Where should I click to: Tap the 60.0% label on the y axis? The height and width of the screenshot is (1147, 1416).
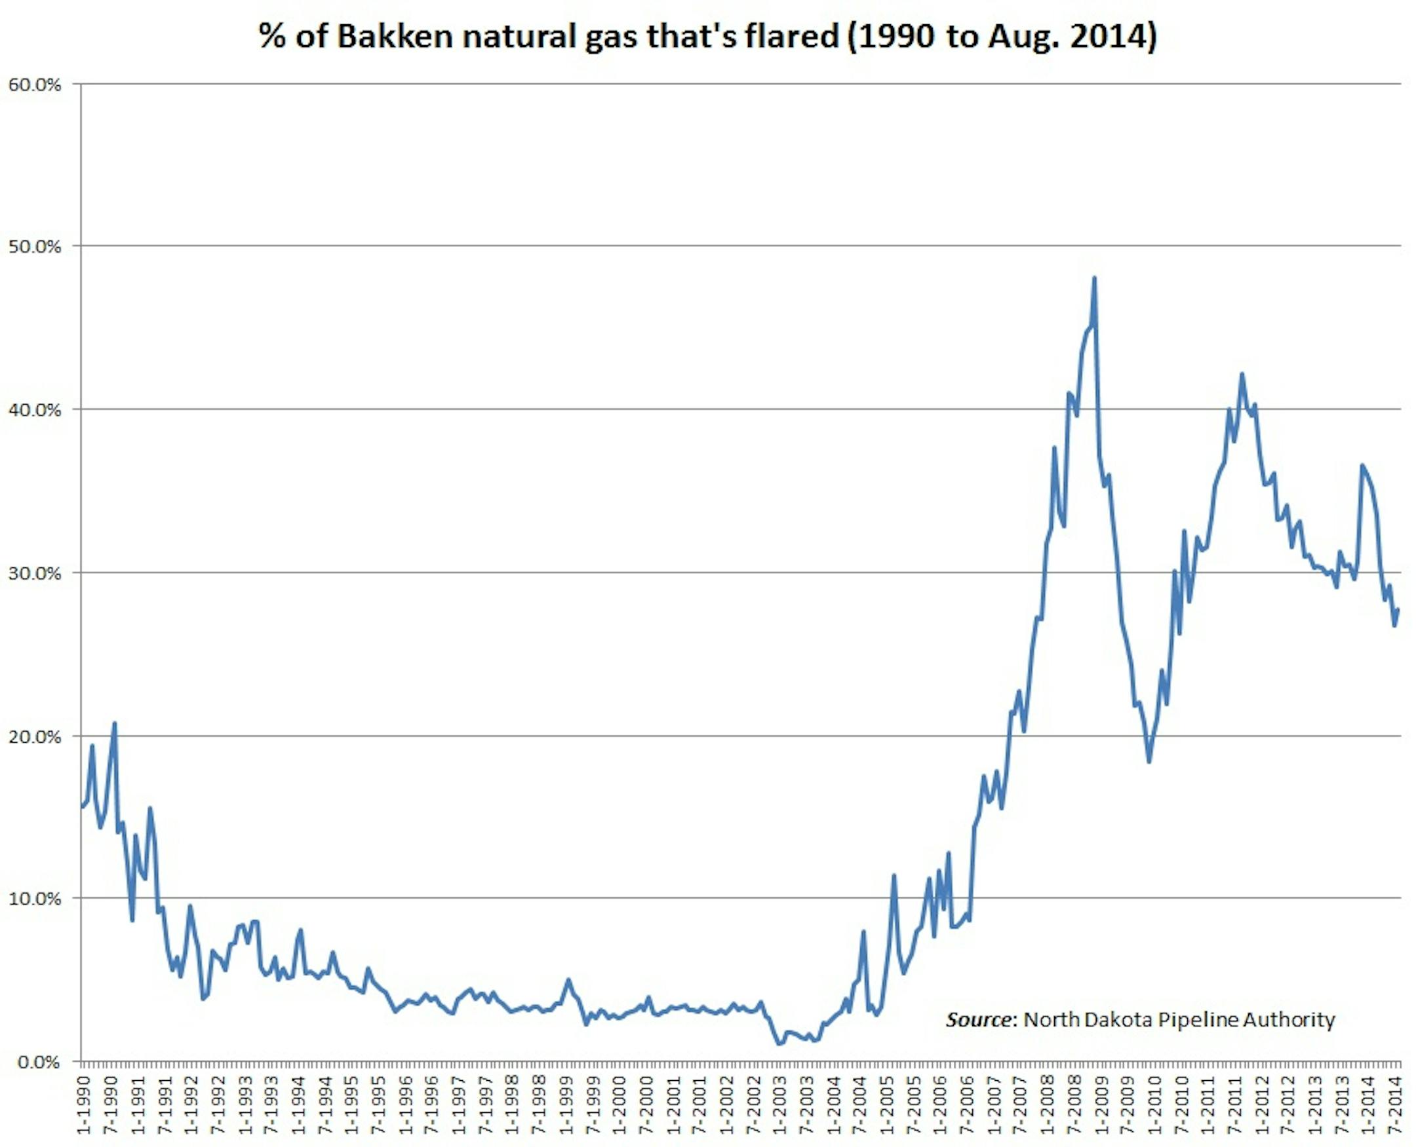coord(34,85)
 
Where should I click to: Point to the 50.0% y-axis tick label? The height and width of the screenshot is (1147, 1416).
coord(34,247)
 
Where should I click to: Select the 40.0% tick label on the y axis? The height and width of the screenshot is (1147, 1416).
coord(34,409)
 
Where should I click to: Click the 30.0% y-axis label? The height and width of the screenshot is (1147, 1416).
coord(34,573)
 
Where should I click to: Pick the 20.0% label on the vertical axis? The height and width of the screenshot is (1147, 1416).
coord(34,736)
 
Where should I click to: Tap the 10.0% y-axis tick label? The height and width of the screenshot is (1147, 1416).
coord(34,899)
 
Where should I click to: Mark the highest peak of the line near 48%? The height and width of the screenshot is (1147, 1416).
coord(1094,278)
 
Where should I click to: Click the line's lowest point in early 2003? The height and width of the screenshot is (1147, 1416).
coord(779,1044)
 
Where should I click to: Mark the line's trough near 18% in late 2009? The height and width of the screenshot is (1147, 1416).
coord(1149,762)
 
